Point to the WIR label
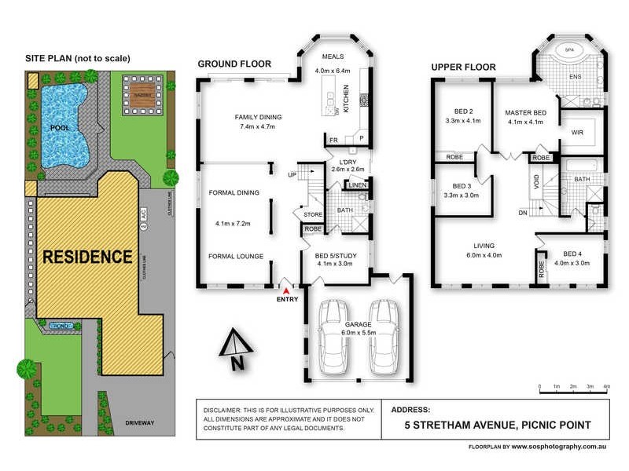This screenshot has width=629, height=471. [576, 133]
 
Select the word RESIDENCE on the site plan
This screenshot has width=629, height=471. [86, 257]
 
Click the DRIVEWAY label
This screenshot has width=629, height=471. [139, 423]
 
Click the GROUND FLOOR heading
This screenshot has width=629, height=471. [234, 64]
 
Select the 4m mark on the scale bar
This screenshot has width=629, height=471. [606, 387]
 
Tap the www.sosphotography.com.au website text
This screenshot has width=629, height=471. [557, 446]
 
